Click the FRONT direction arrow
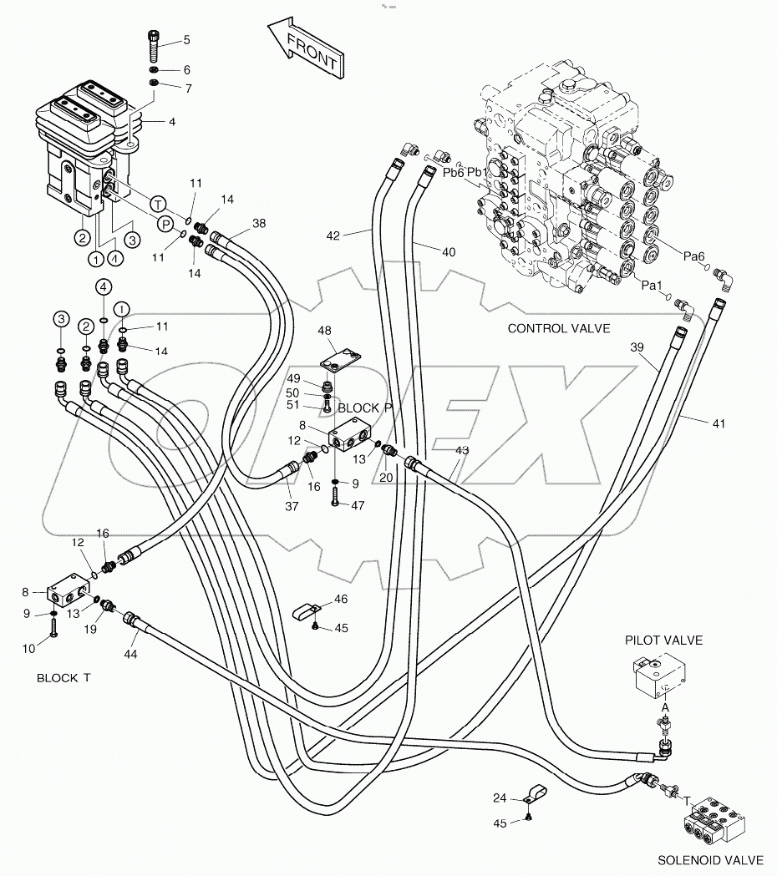coord(305,51)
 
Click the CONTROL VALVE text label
coord(559,328)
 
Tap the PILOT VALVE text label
coord(663,641)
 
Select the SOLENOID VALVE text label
coord(710,859)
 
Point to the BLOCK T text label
coord(63,678)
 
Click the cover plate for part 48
coord(341,363)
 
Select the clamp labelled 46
coord(305,613)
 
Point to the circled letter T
coord(157,203)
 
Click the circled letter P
coord(165,224)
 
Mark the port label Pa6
coord(694,257)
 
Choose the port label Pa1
coord(653,285)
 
